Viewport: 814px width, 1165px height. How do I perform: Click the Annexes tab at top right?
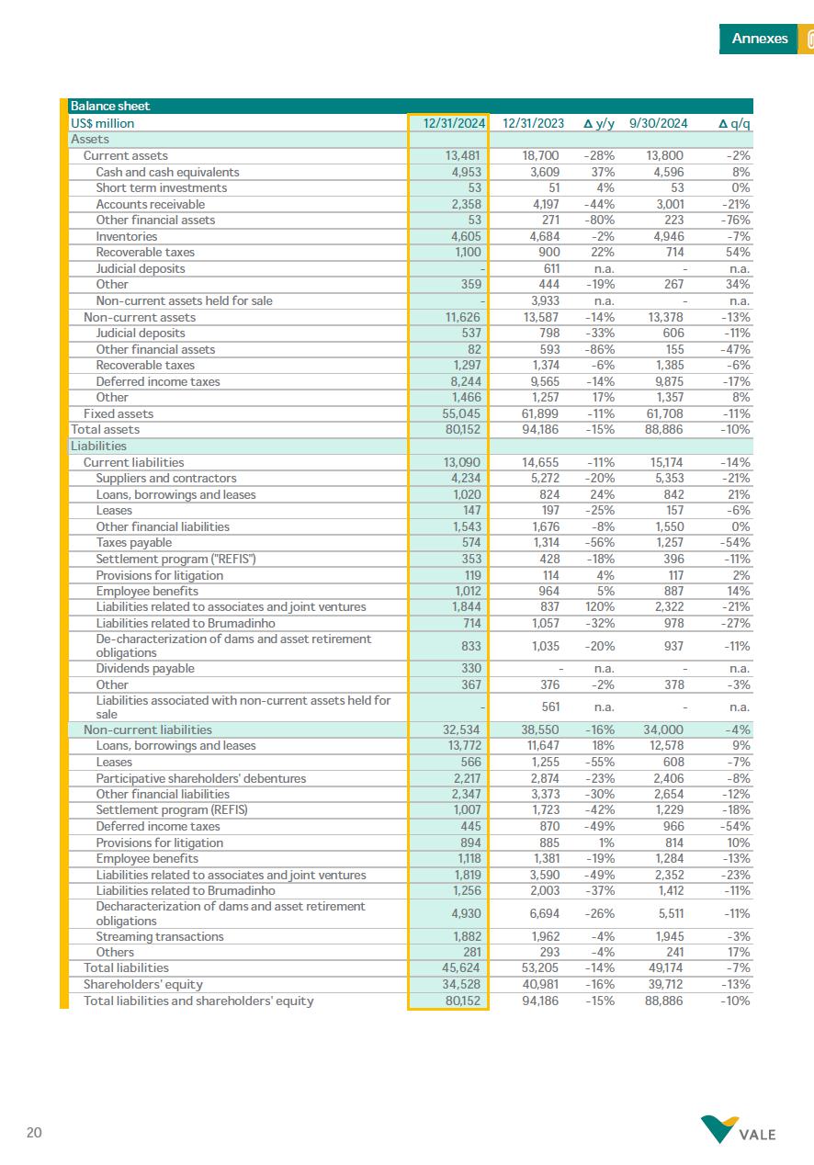pyautogui.click(x=759, y=39)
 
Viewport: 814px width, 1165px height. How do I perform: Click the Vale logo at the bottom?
pyautogui.click(x=739, y=1130)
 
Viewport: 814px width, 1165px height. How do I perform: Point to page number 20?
pyautogui.click(x=34, y=1133)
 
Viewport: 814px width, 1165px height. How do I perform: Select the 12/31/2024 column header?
pyautogui.click(x=454, y=123)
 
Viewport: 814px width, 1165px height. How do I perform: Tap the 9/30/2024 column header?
pyautogui.click(x=658, y=123)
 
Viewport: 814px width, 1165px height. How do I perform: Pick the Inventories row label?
pyautogui.click(x=127, y=236)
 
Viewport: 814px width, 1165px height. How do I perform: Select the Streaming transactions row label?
pyautogui.click(x=160, y=936)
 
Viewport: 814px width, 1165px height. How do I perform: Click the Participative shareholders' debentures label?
pyautogui.click(x=201, y=778)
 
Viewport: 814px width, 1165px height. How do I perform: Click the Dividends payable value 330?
pyautogui.click(x=471, y=669)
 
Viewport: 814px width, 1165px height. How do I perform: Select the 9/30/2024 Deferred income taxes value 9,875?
pyautogui.click(x=667, y=381)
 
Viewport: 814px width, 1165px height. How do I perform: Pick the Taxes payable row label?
pyautogui.click(x=133, y=543)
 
